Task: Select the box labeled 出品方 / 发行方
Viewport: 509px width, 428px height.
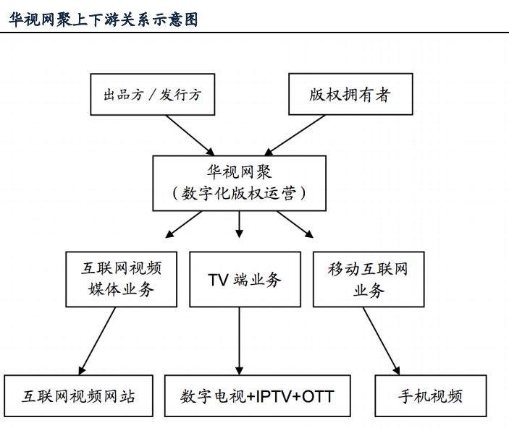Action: coord(151,94)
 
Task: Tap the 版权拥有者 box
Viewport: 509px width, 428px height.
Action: coord(350,94)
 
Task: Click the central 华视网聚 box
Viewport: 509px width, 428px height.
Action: coord(240,184)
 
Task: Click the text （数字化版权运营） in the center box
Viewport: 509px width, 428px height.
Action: coord(240,194)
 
